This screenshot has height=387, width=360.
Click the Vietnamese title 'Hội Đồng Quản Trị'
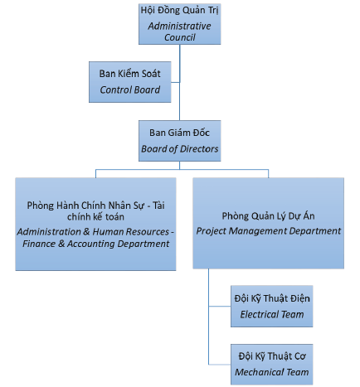[179, 11]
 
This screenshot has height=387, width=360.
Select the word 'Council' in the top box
[180, 37]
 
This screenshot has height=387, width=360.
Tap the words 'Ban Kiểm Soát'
[130, 74]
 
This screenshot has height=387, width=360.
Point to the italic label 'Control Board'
[130, 89]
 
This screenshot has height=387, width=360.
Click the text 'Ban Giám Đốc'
[179, 133]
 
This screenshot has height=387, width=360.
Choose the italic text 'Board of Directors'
[180, 149]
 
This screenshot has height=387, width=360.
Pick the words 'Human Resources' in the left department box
[130, 231]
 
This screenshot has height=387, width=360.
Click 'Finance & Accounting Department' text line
[95, 244]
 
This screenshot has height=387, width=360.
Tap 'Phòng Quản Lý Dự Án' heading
[268, 216]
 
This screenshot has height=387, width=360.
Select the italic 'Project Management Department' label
[268, 231]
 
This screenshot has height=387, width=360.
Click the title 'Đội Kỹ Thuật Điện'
[272, 298]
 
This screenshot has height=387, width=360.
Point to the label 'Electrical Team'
[272, 314]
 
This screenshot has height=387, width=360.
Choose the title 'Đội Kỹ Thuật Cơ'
[272, 356]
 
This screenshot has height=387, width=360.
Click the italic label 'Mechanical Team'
[272, 372]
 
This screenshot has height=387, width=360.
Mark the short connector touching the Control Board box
[175, 82]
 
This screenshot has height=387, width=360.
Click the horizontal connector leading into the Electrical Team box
[220, 306]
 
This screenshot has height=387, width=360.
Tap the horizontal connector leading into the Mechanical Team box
[220, 365]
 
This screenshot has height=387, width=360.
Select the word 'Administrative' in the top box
[179, 26]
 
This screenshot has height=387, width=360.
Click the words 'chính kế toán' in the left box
[95, 217]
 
